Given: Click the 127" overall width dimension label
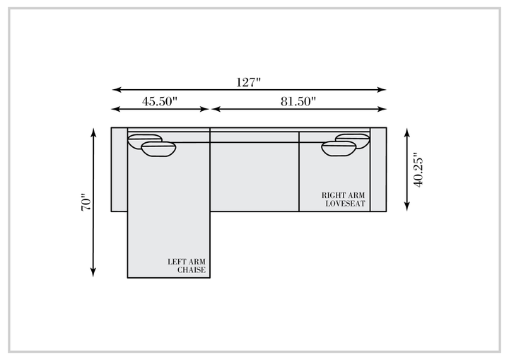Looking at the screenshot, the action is pyautogui.click(x=248, y=82).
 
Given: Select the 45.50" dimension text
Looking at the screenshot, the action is pyautogui.click(x=159, y=101).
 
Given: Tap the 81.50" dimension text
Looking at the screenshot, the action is pyautogui.click(x=298, y=101).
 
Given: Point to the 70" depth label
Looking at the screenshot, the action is pyautogui.click(x=86, y=202).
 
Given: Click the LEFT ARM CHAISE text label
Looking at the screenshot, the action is pyautogui.click(x=187, y=266).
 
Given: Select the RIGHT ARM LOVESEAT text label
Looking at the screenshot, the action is pyautogui.click(x=344, y=199).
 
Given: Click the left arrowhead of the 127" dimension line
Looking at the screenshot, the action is pyautogui.click(x=116, y=89).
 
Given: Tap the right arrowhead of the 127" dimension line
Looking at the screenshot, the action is pyautogui.click(x=382, y=89).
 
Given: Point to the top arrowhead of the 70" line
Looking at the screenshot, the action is pyautogui.click(x=93, y=133).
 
